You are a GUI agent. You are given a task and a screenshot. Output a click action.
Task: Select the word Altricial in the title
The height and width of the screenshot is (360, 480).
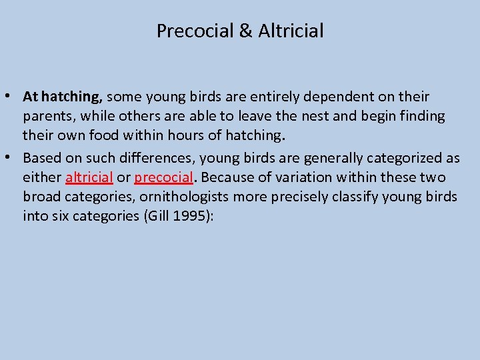click(x=290, y=31)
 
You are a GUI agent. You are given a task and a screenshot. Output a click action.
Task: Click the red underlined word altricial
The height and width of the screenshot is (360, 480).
click(x=89, y=178)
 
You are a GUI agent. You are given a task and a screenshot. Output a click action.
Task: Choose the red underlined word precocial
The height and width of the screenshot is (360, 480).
click(x=163, y=178)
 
